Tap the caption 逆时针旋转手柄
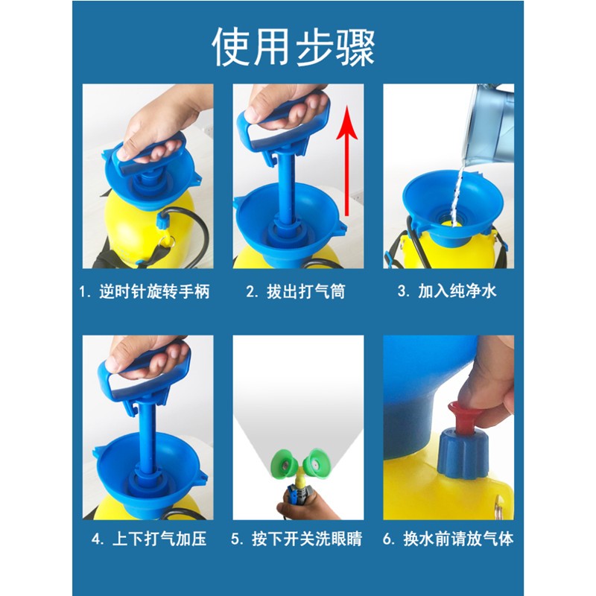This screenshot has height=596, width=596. pyautogui.click(x=154, y=292)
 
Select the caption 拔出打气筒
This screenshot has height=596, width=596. pyautogui.click(x=305, y=292)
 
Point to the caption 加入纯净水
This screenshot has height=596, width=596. pyautogui.click(x=457, y=291)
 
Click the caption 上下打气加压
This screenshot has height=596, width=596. pyautogui.click(x=159, y=539)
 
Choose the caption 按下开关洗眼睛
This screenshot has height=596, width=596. pyautogui.click(x=306, y=539)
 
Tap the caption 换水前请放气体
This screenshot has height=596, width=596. pyautogui.click(x=458, y=539)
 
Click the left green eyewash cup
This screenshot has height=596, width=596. pyautogui.click(x=286, y=462)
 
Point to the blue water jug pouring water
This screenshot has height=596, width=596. pyautogui.click(x=489, y=125)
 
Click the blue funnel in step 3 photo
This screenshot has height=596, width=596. pyautogui.click(x=452, y=206)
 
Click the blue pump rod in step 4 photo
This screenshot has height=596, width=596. pyautogui.click(x=147, y=437)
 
